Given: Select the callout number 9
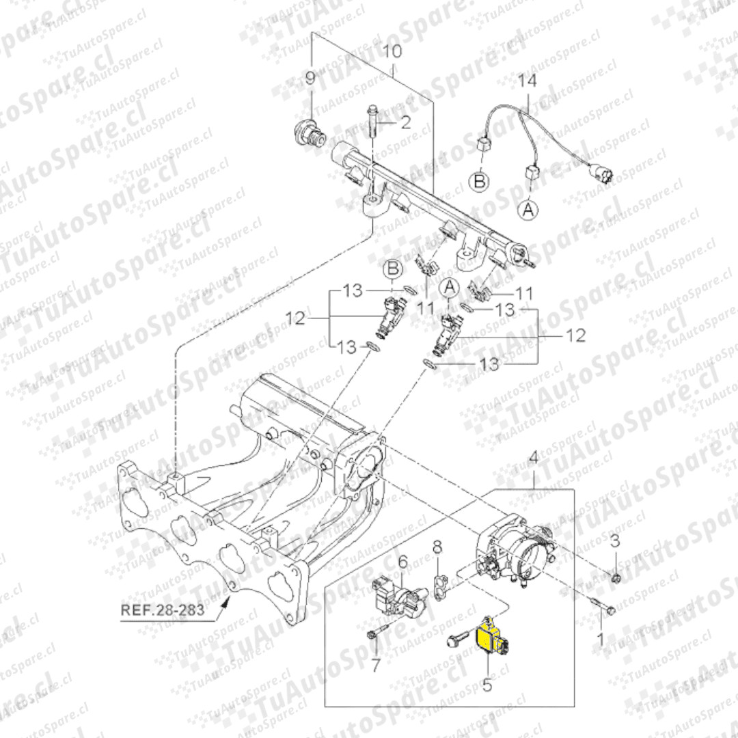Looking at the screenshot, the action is pos(310,78).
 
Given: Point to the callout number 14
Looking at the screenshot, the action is pos(527,81).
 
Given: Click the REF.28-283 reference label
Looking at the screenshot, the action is pos(163,610).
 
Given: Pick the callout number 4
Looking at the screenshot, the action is pos(533,457).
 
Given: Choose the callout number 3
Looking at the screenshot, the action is pos(615,541).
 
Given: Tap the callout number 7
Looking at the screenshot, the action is pos(375,666).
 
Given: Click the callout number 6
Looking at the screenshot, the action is pos(403,562).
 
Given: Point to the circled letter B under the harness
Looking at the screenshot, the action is pos(480,181).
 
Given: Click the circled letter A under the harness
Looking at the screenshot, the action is pos(528,209).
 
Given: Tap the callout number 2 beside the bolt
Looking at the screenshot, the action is pos(405,122).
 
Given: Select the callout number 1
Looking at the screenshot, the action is pos(600,639).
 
